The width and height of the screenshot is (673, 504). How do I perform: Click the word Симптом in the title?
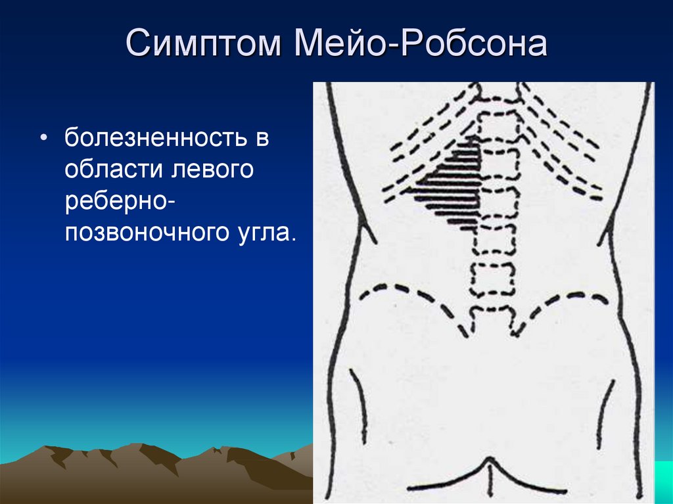[x=203, y=43]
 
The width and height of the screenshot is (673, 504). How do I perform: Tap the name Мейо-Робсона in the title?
[x=421, y=42]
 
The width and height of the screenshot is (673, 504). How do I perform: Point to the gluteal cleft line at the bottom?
[x=489, y=477]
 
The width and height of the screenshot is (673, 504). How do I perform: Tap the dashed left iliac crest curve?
[x=412, y=300]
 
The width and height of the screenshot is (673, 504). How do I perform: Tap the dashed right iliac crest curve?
[x=558, y=307]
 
